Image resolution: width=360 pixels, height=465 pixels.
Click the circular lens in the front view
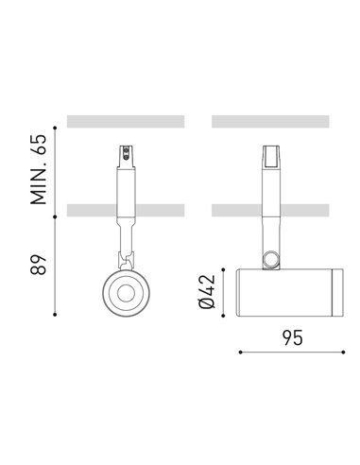[x=124, y=294]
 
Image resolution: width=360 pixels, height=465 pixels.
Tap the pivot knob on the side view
[x=272, y=258]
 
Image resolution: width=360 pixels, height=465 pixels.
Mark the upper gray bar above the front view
[x=125, y=121]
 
